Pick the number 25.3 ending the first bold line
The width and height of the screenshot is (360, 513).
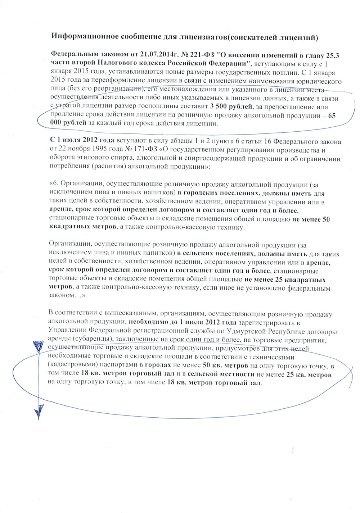(x=333, y=55)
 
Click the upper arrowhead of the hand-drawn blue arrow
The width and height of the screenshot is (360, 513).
(x=36, y=347)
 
